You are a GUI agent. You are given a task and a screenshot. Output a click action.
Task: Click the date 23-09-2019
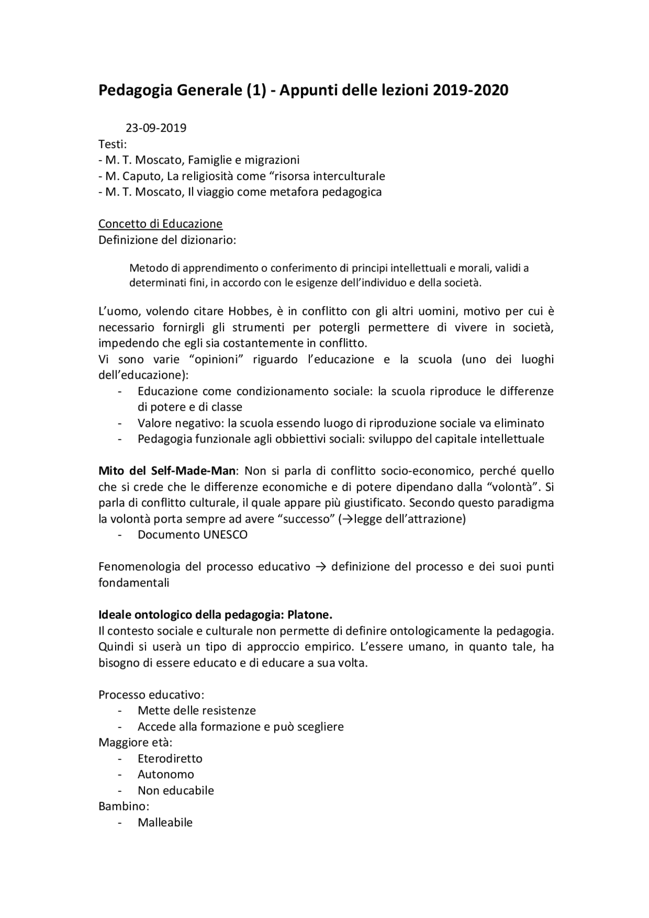[156, 128]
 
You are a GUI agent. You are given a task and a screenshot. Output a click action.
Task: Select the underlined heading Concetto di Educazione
[160, 224]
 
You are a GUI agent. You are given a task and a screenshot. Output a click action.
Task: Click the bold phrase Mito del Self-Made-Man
[167, 471]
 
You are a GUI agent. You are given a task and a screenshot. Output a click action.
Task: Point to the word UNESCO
[226, 535]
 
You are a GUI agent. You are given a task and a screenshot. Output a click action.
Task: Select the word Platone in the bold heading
[309, 615]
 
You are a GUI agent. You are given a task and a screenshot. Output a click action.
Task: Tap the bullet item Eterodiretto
[170, 758]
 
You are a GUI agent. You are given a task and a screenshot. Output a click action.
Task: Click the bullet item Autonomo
[166, 774]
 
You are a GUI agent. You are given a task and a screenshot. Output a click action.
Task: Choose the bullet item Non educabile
[175, 790]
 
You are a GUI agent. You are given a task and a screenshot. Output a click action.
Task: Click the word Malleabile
[165, 822]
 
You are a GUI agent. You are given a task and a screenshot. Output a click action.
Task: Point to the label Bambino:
[123, 806]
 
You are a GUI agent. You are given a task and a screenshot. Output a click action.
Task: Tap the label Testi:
[113, 144]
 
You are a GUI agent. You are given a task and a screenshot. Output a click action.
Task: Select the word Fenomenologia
[139, 567]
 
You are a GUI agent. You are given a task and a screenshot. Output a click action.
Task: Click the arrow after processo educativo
[320, 567]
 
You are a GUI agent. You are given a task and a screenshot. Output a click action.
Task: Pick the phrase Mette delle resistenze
[197, 711]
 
